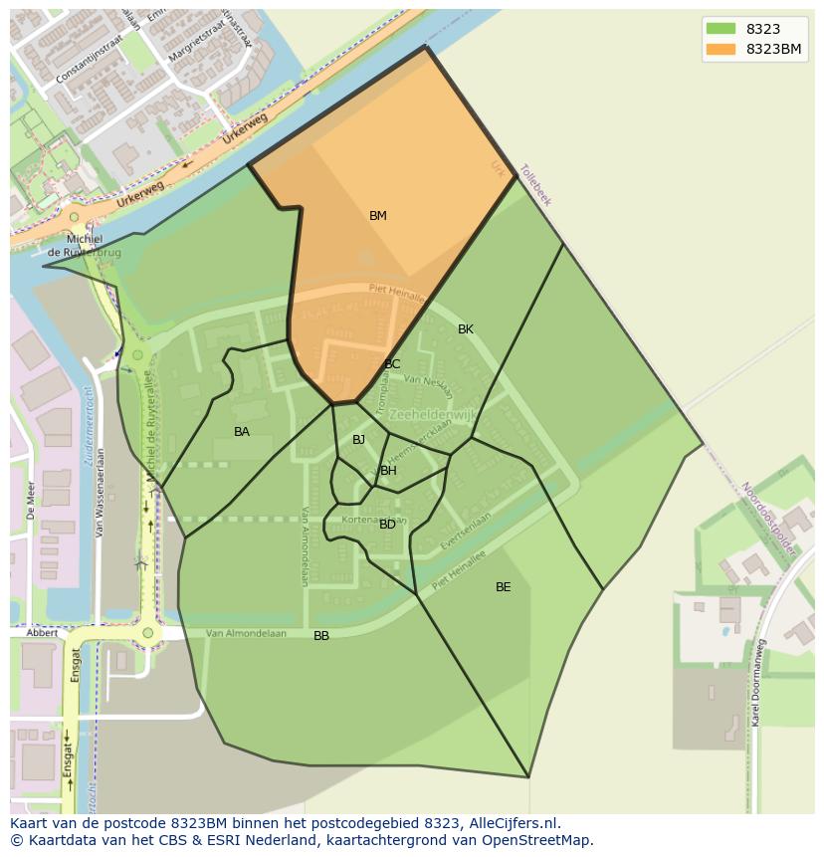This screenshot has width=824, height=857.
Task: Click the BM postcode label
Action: [378, 216]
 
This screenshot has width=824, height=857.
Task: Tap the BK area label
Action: [466, 329]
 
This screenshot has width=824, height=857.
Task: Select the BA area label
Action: [242, 432]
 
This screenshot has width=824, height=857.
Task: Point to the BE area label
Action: [504, 587]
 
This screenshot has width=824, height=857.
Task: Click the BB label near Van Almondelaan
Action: [321, 636]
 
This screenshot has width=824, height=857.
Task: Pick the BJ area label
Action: [358, 440]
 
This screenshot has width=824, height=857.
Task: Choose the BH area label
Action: [388, 471]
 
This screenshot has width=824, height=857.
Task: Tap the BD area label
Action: [387, 525]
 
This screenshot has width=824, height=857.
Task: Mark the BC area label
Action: [392, 364]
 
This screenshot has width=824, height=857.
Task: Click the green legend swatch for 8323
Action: [721, 29]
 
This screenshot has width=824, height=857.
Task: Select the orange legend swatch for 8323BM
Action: [721, 49]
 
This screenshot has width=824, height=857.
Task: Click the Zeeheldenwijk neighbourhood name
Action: [433, 414]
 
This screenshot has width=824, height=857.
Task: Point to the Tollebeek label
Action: [534, 185]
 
